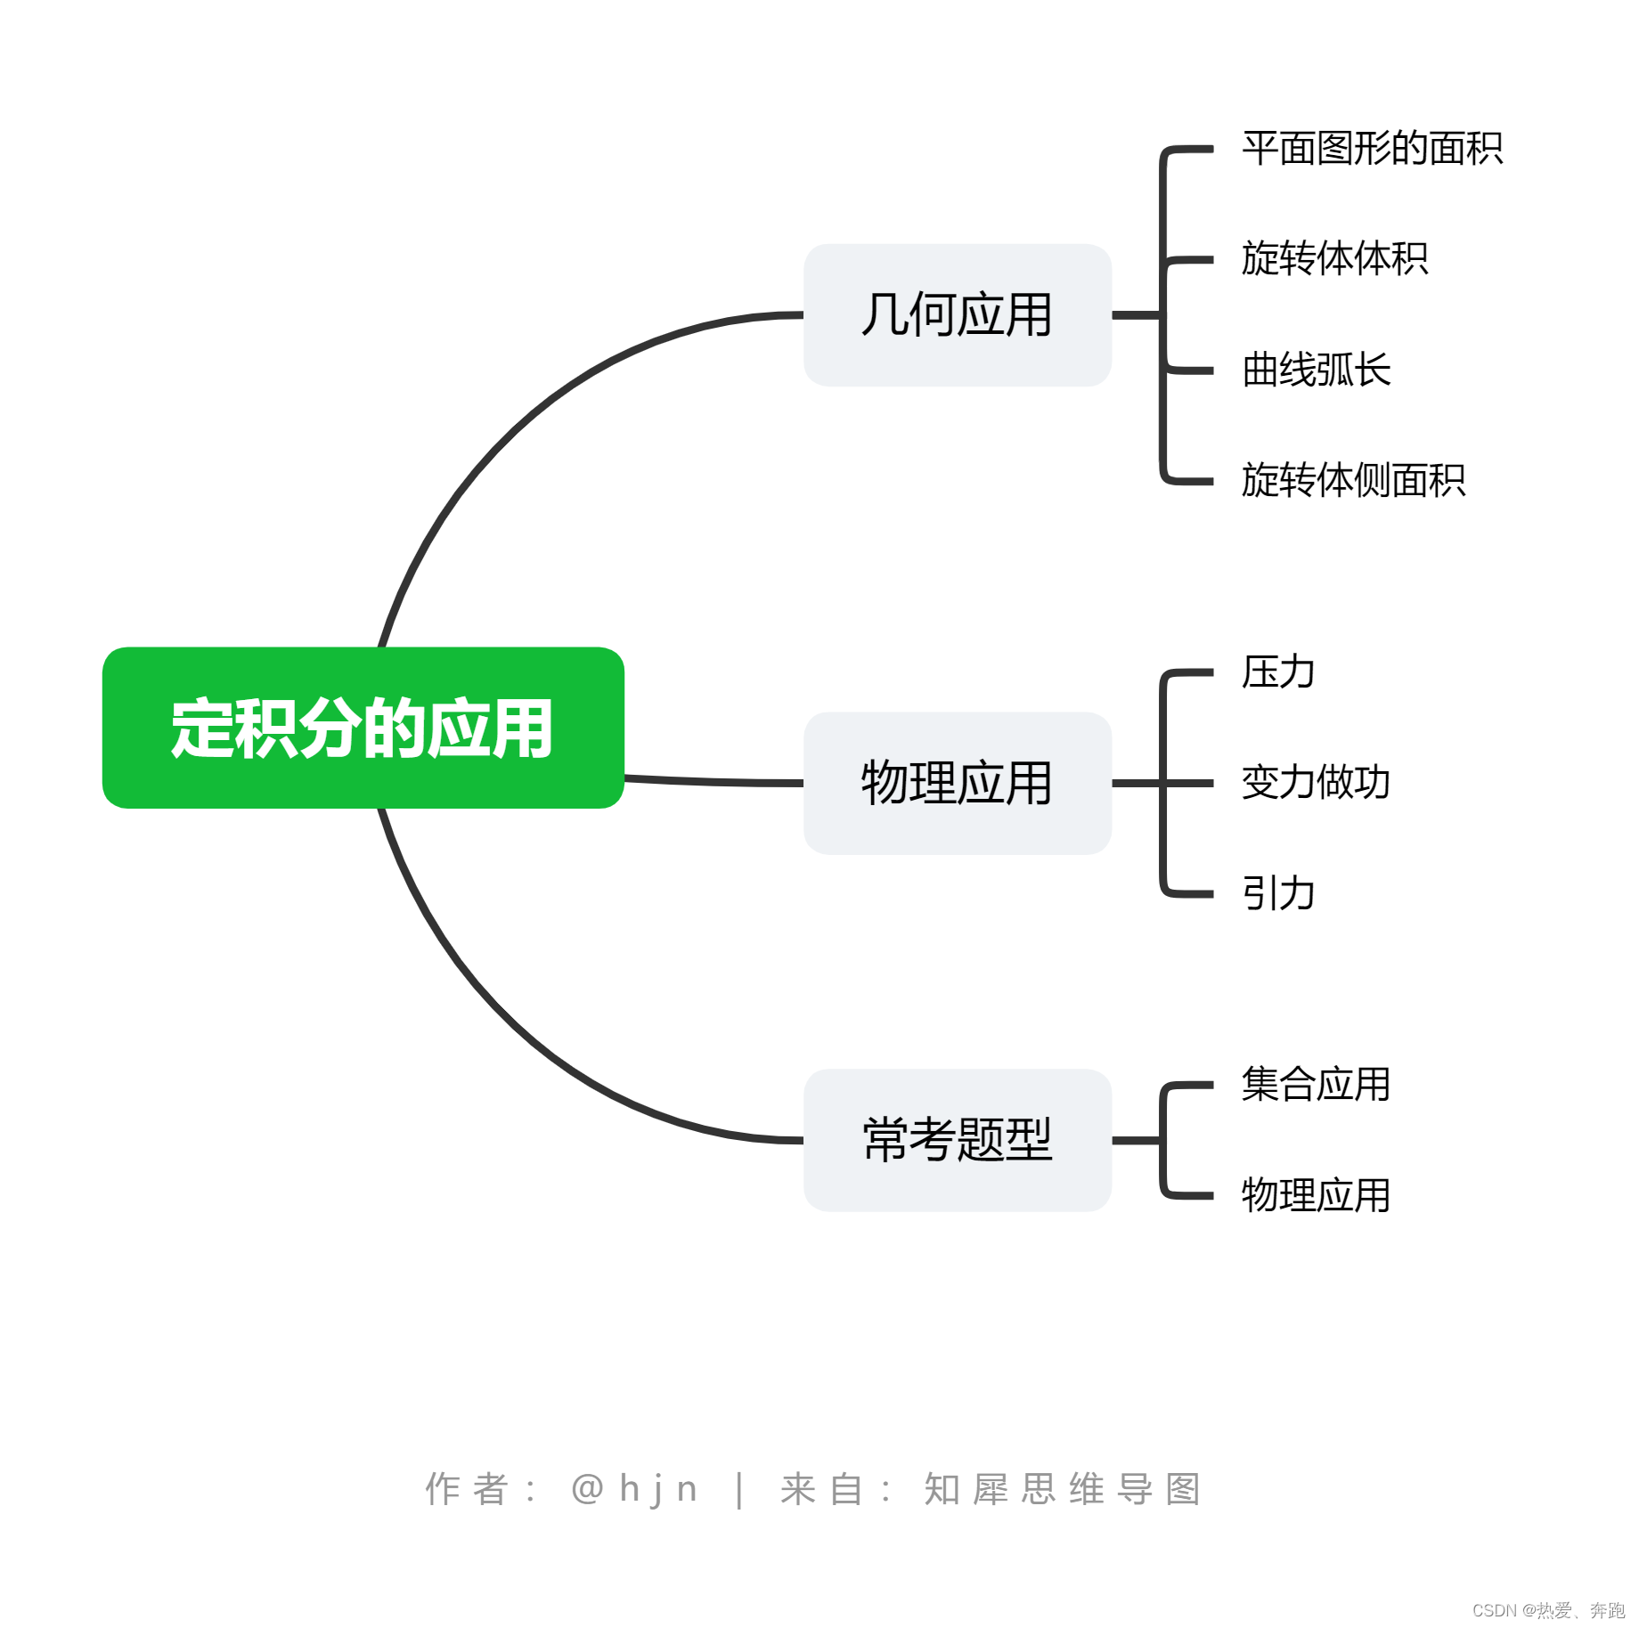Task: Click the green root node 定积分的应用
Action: coord(363,728)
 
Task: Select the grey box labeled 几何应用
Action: coord(957,315)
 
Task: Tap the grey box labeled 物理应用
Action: coord(957,783)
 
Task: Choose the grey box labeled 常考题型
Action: coord(957,1140)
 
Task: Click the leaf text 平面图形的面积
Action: coord(1372,149)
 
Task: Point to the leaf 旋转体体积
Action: coord(1334,259)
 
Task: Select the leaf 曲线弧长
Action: coord(1316,370)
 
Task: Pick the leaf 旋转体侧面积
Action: coord(1353,480)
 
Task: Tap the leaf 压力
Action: coord(1278,672)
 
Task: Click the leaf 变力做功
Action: coord(1316,783)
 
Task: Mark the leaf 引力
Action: coord(1278,893)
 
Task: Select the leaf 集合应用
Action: coord(1316,1085)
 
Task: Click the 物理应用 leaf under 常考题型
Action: coord(1316,1195)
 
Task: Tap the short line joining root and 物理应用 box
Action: coord(713,782)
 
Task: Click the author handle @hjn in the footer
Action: coord(634,1489)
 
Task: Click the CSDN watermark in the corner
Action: coord(1548,1610)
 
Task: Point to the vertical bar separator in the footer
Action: coord(739,1490)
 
